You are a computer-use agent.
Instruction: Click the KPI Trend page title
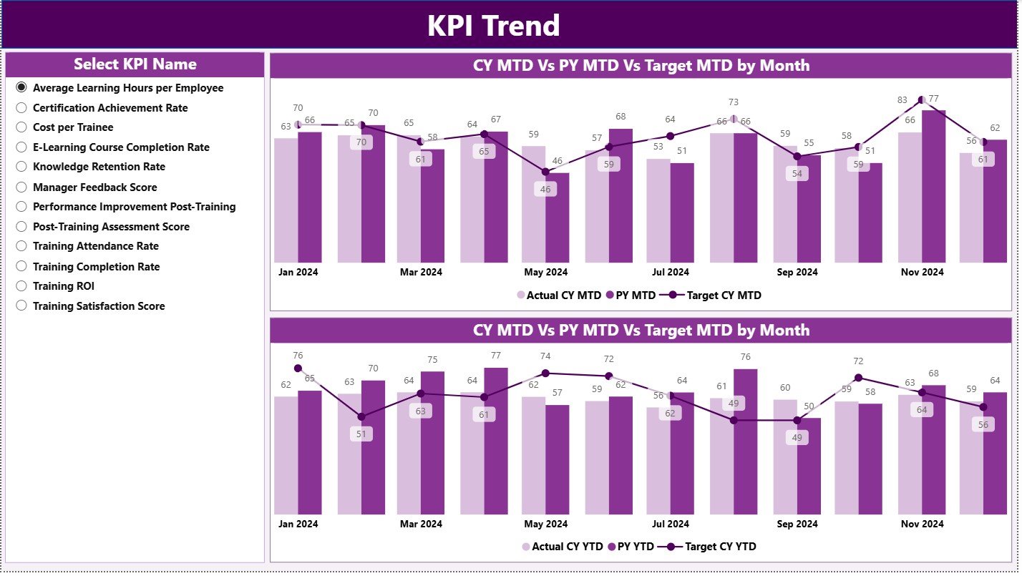(493, 26)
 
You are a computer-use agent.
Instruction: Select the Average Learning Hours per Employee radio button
(21, 88)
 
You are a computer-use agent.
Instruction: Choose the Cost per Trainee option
(21, 127)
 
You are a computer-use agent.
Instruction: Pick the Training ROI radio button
(21, 286)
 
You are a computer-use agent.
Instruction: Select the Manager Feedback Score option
(21, 187)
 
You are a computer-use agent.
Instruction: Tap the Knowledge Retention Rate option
(21, 167)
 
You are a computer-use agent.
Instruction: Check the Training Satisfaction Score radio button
(21, 306)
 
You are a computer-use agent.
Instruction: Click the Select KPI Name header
(135, 64)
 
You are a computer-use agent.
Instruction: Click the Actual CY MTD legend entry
(558, 295)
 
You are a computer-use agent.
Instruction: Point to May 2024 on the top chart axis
(546, 273)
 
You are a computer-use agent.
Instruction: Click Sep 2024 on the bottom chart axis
(797, 524)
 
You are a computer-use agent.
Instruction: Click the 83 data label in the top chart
(902, 101)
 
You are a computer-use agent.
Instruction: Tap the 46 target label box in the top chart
(545, 190)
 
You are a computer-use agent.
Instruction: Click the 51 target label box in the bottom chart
(361, 434)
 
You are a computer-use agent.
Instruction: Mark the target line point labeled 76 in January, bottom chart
(298, 368)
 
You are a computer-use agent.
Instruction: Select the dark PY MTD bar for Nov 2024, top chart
(933, 186)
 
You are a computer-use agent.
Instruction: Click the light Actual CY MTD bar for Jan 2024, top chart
(286, 200)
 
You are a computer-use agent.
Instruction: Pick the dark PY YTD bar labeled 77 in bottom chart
(495, 441)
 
